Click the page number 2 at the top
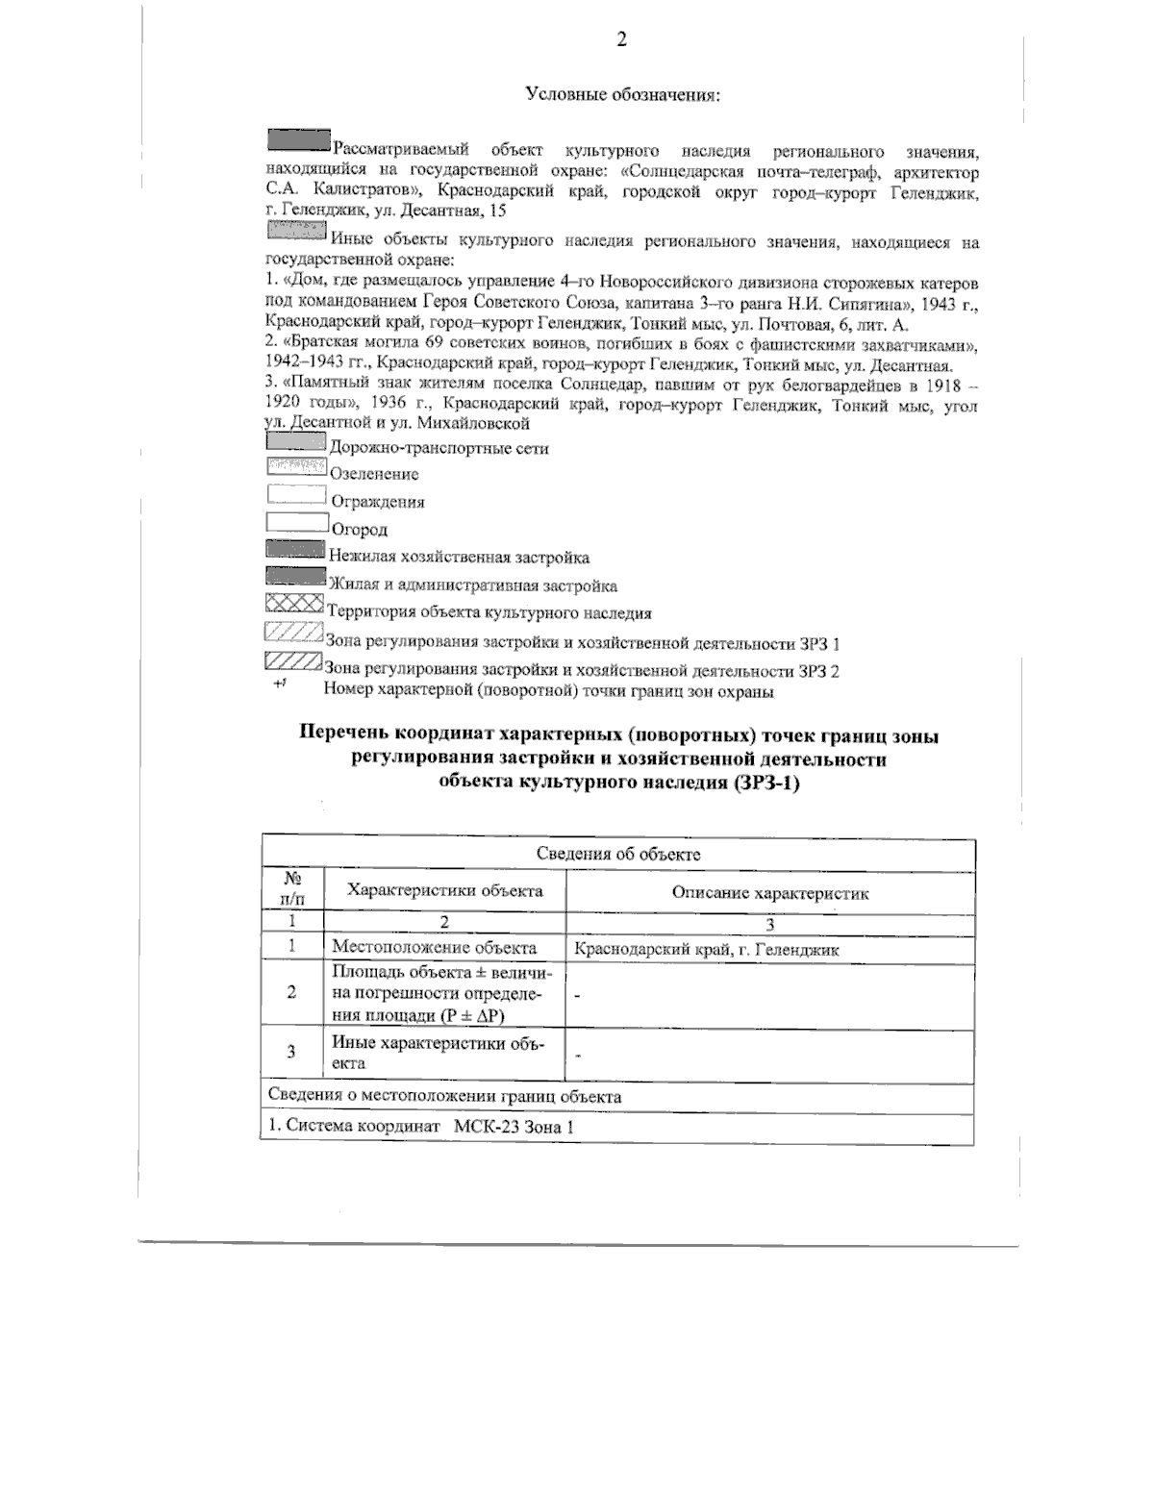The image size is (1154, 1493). [x=621, y=39]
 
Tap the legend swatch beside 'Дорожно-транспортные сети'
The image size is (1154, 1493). [x=295, y=443]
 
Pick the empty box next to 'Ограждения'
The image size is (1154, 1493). [x=295, y=496]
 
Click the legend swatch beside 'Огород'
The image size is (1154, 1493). [x=295, y=524]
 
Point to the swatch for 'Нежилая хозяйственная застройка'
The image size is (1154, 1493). [x=294, y=551]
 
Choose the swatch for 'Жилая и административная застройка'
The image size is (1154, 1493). [x=294, y=578]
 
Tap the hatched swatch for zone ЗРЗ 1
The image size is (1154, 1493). [x=292, y=635]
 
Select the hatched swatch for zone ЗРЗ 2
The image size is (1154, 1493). [x=292, y=663]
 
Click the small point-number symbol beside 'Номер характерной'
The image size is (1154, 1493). [x=280, y=684]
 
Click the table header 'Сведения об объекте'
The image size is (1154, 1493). [x=617, y=854]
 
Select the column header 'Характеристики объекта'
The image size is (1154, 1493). [x=444, y=890]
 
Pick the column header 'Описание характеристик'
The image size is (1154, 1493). [x=769, y=892]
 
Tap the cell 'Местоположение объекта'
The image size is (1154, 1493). [x=434, y=949]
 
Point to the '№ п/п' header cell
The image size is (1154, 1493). [x=291, y=889]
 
